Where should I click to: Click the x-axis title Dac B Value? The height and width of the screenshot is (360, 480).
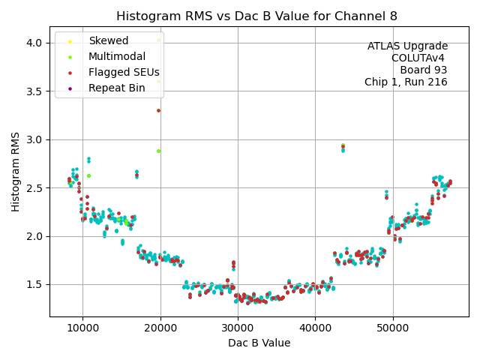click(259, 343)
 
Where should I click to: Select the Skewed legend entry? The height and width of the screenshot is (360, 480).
click(108, 40)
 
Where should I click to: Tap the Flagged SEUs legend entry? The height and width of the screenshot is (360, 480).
click(124, 72)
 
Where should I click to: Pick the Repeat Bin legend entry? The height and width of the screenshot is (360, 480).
click(116, 88)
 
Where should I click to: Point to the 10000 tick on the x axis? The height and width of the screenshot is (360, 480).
click(82, 328)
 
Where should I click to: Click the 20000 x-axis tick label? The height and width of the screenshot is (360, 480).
click(160, 328)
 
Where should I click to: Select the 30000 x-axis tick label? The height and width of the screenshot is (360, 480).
click(238, 328)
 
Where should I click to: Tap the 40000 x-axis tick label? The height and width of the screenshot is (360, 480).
click(315, 328)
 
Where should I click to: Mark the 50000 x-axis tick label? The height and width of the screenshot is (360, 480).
click(393, 328)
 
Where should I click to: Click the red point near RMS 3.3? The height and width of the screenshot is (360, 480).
click(158, 110)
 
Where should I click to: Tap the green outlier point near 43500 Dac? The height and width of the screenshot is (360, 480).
click(343, 145)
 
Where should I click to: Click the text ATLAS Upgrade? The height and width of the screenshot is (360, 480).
click(407, 46)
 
